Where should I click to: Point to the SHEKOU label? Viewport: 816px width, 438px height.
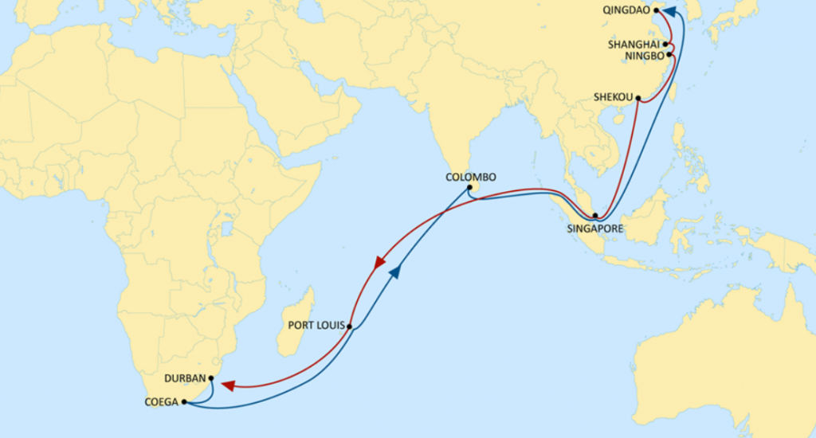point(614,98)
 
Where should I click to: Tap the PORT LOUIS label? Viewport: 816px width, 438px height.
point(316,325)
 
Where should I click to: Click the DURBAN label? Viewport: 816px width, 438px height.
point(185,378)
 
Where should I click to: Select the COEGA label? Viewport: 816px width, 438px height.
point(162,403)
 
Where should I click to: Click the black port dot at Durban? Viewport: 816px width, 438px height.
point(211,378)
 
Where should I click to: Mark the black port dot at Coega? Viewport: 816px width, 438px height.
point(184,402)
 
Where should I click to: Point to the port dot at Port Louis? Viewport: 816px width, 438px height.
point(349,327)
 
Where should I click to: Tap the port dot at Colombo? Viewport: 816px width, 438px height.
point(470,188)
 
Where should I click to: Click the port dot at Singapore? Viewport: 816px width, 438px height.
point(594,215)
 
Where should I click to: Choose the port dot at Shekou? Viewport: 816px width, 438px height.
point(637,99)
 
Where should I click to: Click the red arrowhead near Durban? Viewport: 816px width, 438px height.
point(228,386)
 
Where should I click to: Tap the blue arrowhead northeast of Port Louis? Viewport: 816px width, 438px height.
point(394,273)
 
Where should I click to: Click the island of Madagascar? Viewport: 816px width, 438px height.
point(296,323)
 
